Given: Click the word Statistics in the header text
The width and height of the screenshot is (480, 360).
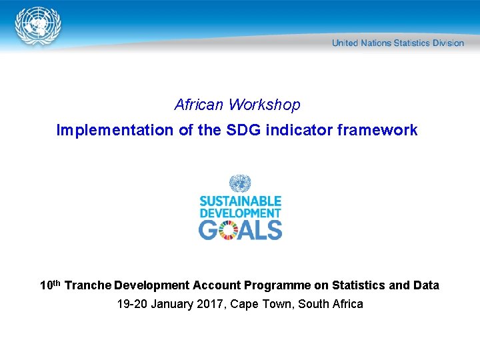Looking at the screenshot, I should click(411, 43).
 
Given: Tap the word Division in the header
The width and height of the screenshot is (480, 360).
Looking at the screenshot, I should click(448, 43).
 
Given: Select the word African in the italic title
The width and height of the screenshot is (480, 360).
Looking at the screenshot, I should click(199, 105).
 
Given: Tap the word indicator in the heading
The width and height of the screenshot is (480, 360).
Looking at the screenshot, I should click(300, 130).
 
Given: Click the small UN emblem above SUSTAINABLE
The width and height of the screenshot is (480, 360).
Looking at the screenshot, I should click(239, 183).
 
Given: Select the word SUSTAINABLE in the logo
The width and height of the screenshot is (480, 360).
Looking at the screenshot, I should click(240, 201).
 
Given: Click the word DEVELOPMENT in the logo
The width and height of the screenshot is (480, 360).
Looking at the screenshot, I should click(240, 213).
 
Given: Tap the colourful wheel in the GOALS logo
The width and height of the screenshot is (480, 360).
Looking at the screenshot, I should click(230, 229).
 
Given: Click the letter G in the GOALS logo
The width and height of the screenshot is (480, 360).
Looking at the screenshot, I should click(209, 229).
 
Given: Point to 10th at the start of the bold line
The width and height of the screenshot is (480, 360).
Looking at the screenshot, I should click(51, 285).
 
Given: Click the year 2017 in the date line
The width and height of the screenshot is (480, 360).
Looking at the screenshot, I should click(199, 305).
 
